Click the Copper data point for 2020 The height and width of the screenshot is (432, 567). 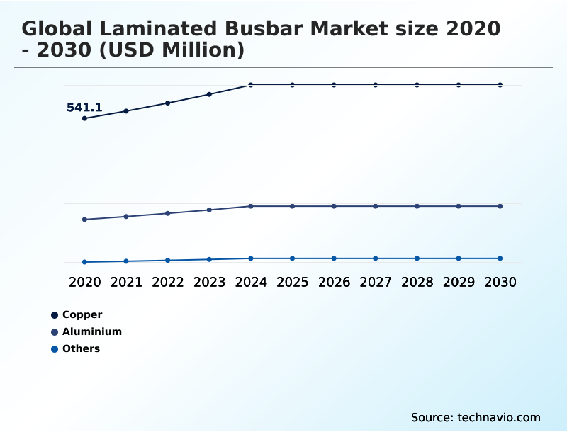pos(84,118)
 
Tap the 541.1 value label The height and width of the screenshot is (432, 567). pos(84,108)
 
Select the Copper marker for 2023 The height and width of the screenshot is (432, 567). pos(209,94)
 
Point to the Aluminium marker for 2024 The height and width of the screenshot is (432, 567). pos(251,206)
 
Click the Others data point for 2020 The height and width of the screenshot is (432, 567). pos(84,262)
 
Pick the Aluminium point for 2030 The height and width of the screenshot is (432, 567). pos(500,206)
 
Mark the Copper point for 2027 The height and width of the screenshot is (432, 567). pos(376,85)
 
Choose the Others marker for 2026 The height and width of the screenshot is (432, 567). pos(334,258)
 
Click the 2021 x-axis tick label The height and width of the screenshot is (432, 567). pos(126,282)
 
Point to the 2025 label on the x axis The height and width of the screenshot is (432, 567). pos(292,282)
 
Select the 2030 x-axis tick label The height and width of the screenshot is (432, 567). pos(500,282)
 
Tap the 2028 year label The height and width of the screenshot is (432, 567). pos(417,282)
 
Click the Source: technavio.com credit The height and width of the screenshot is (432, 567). pos(476,417)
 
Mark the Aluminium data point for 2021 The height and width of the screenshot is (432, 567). pos(126,216)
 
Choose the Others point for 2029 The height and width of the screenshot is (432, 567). pos(459,258)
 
